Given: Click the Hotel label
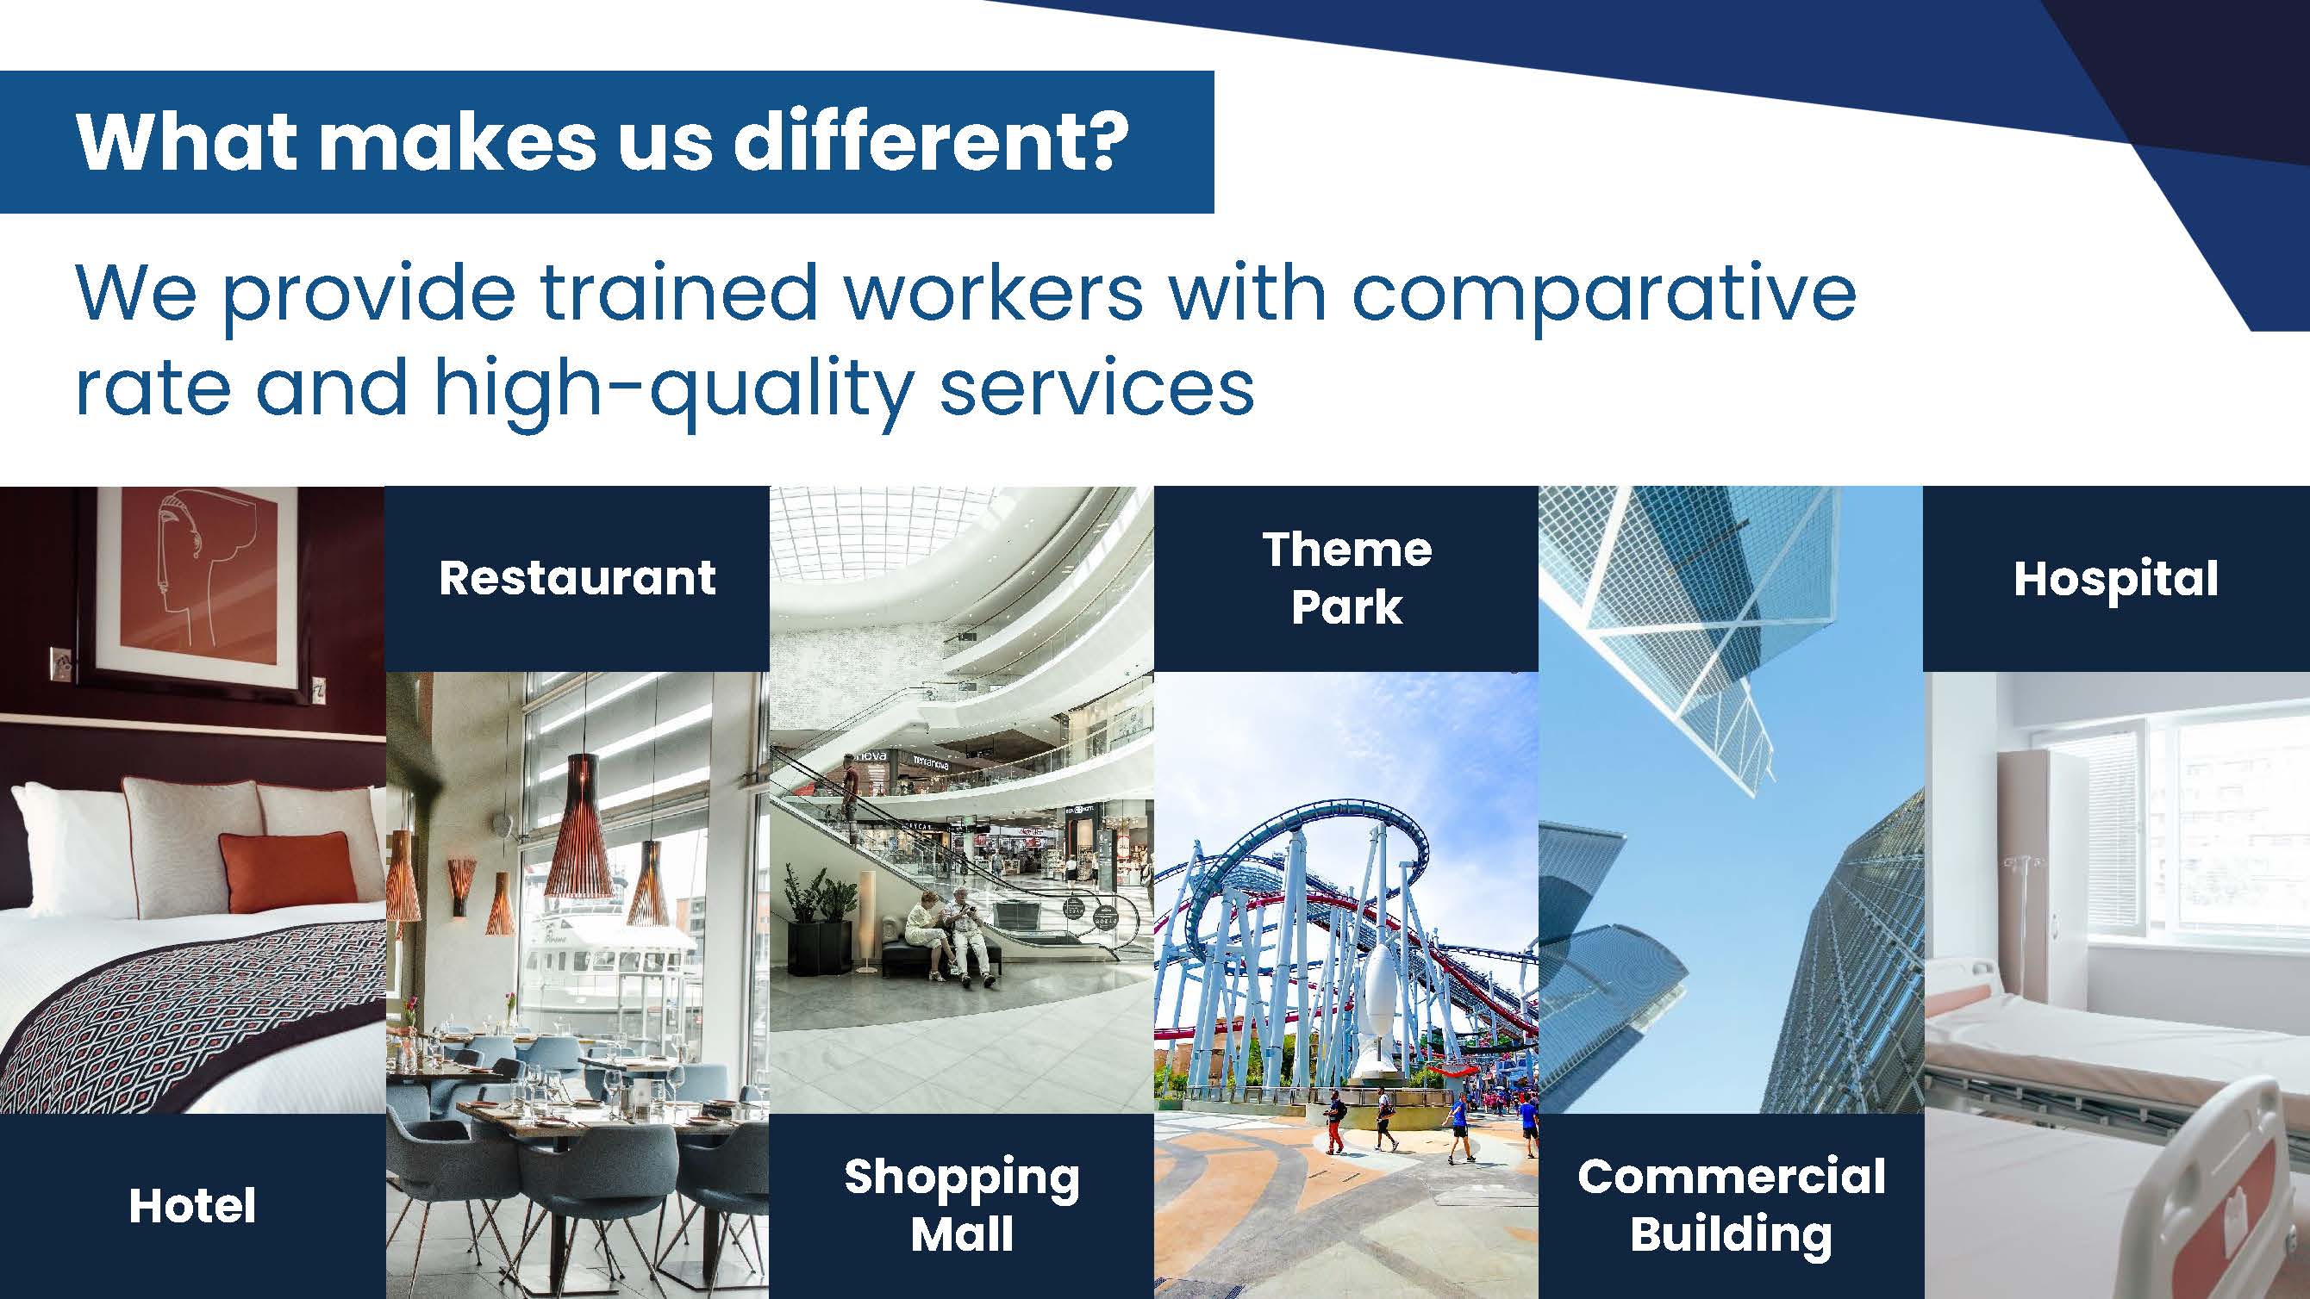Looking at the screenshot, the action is click(192, 1205).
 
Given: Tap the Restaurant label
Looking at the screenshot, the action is click(577, 578).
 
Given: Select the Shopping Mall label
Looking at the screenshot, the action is click(961, 1205).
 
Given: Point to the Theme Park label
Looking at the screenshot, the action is click(1346, 578).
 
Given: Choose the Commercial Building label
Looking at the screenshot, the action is click(1731, 1205).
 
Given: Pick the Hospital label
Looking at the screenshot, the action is click(2116, 579).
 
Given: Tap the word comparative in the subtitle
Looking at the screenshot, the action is click(1603, 294).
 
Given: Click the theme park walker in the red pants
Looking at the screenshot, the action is click(1335, 1120).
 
